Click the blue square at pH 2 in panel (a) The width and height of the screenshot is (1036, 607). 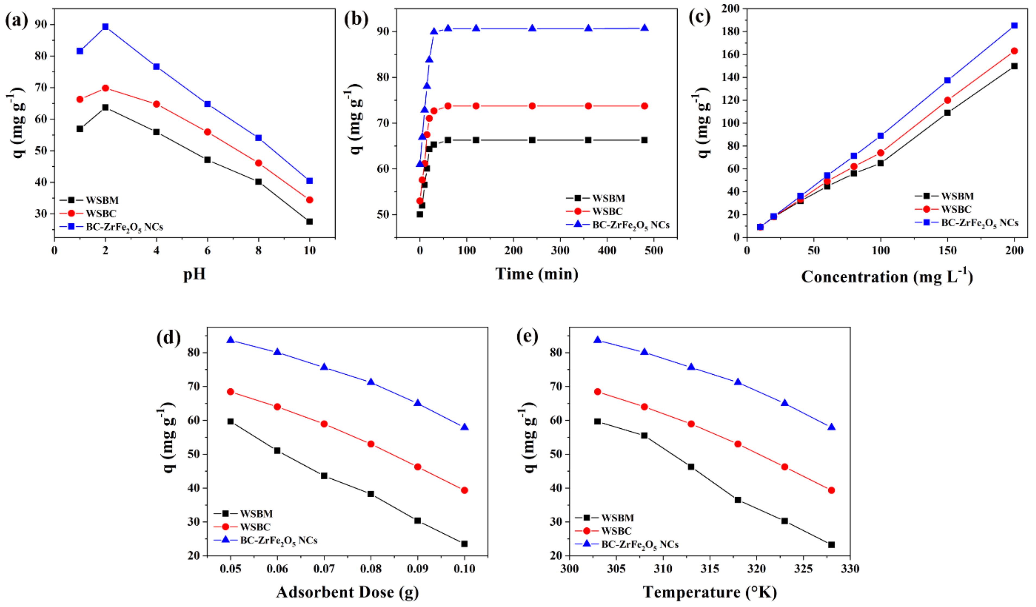(105, 27)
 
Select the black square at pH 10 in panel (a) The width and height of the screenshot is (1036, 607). (309, 222)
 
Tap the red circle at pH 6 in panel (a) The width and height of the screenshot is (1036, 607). (208, 132)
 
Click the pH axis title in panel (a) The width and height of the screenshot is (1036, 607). (194, 274)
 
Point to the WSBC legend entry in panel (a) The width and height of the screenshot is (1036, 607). (101, 214)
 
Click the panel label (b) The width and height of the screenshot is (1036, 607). (356, 19)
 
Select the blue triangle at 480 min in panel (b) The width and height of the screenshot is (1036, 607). (645, 28)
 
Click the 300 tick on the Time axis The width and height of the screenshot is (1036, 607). (560, 250)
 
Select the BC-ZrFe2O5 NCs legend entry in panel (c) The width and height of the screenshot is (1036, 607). (979, 223)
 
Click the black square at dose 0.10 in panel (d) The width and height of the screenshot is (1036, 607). (465, 544)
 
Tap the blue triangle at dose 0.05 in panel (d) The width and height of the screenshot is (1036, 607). (231, 340)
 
